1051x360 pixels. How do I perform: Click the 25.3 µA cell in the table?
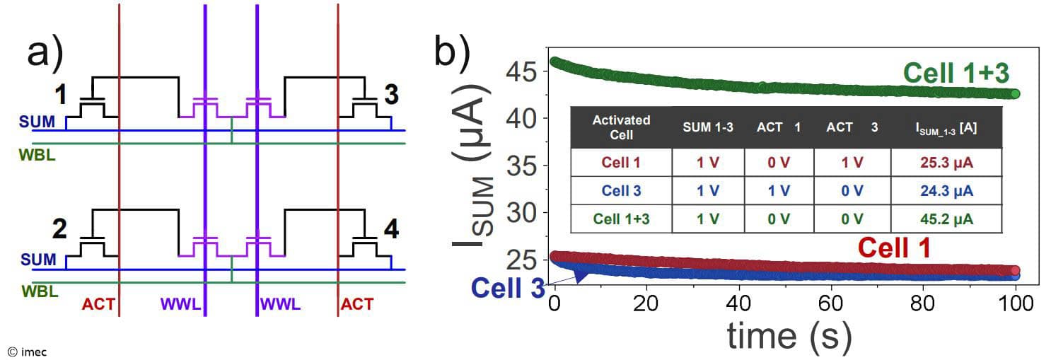click(x=946, y=163)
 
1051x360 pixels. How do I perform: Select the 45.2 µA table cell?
click(x=946, y=219)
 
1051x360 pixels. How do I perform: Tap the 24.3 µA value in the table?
click(x=946, y=191)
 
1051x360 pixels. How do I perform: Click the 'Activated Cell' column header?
click(x=621, y=127)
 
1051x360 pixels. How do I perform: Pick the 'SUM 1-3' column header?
click(x=708, y=127)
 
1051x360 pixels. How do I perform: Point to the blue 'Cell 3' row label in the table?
click(x=621, y=191)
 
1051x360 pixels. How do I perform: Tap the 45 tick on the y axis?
click(x=522, y=71)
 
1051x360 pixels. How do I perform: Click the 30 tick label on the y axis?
click(x=522, y=212)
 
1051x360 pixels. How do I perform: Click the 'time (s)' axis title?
click(x=788, y=337)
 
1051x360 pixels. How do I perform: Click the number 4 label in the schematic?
click(x=390, y=229)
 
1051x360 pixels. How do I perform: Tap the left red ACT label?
click(x=98, y=305)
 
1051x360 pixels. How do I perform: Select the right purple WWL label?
click(x=281, y=305)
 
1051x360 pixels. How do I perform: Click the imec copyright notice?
click(x=27, y=351)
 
